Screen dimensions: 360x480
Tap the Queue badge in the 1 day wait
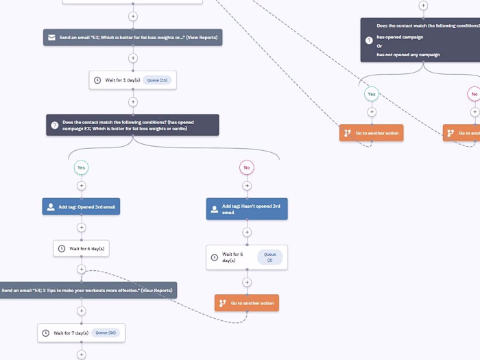tap(157, 80)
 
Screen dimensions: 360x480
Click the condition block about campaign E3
tap(133, 125)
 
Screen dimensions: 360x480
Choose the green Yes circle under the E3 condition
tap(81, 167)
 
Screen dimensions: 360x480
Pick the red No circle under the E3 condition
tap(247, 167)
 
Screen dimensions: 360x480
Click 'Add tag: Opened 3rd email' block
tap(81, 206)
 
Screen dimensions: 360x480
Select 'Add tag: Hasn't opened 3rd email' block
tap(247, 209)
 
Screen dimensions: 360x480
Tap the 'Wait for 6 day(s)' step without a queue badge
tap(82, 248)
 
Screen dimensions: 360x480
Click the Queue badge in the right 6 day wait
tap(269, 257)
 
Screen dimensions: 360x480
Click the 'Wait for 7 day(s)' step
tap(81, 333)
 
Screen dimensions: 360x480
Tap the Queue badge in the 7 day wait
tap(106, 333)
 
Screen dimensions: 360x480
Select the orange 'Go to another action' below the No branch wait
tap(247, 303)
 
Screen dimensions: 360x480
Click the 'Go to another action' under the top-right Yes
tap(371, 133)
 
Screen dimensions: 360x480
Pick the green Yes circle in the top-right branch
tap(372, 94)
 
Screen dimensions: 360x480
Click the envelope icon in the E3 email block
tap(51, 37)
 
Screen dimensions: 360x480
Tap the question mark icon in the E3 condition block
tap(55, 125)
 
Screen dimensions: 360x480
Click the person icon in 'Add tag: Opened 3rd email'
tap(51, 206)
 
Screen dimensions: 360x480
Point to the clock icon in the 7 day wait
tap(46, 333)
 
